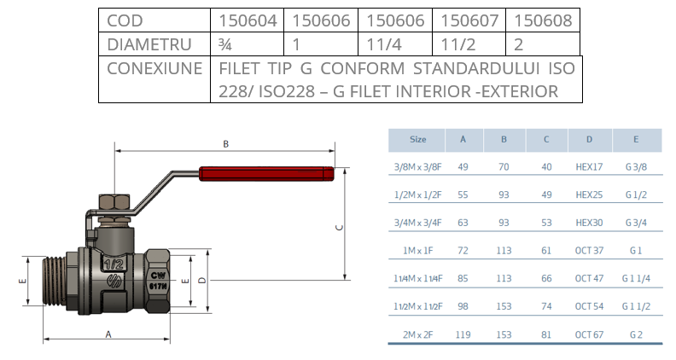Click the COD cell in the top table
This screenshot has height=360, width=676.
pos(120,20)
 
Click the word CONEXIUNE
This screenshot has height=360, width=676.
pos(154,68)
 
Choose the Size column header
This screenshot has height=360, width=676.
pos(418,139)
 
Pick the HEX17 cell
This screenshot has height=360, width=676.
pos(589,167)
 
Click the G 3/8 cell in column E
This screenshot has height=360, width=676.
pos(636,167)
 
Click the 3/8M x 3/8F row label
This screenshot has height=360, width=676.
pos(418,167)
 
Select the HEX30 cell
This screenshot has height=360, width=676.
pos(589,222)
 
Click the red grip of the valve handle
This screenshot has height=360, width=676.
pos(265,174)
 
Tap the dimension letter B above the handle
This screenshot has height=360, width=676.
pos(225,144)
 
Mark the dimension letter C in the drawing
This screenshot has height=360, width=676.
pos(339,227)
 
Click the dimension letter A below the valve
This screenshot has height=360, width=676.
pos(108,334)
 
